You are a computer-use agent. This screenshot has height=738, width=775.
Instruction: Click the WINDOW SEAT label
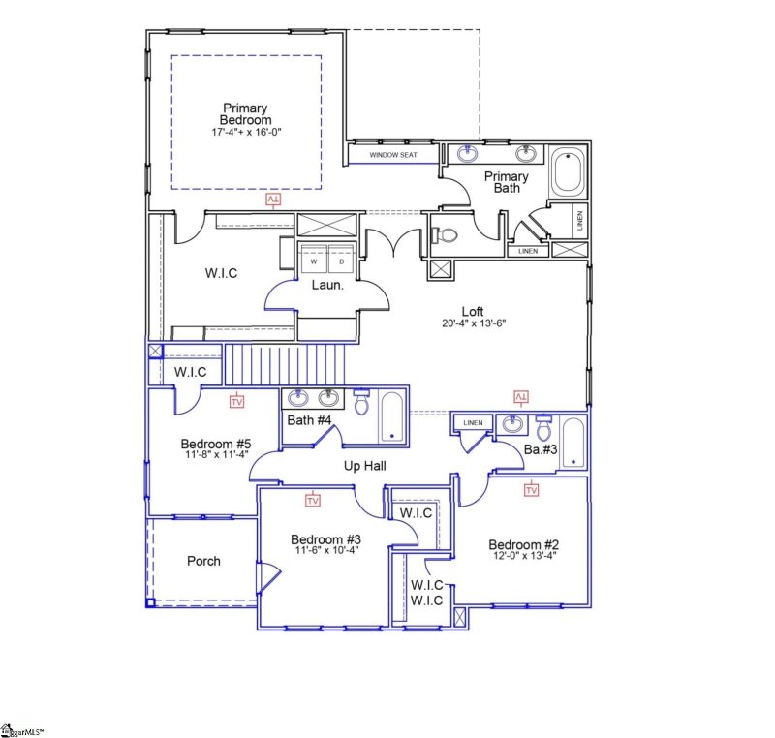click(x=393, y=154)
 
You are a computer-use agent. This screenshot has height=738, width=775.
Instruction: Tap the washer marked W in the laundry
click(x=314, y=261)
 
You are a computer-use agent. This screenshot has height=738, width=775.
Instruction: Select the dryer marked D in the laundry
click(x=339, y=261)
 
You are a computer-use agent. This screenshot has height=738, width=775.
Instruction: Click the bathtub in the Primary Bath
click(x=567, y=174)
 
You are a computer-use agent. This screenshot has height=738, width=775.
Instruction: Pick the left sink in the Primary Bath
click(x=469, y=153)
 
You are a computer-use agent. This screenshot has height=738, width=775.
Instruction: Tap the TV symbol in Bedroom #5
click(x=236, y=400)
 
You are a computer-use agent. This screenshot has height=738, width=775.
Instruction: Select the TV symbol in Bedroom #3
click(x=313, y=501)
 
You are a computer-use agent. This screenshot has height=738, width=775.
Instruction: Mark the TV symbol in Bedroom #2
click(x=531, y=491)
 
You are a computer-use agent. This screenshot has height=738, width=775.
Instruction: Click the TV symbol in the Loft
click(x=520, y=397)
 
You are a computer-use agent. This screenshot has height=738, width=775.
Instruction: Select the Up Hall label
click(x=366, y=466)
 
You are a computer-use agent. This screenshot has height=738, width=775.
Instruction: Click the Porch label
click(x=202, y=561)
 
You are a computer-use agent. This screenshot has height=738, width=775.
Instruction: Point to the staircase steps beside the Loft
click(x=286, y=364)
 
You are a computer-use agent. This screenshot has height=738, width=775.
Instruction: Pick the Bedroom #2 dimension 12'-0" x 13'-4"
click(x=523, y=556)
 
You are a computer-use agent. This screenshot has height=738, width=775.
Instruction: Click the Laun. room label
click(x=324, y=285)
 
